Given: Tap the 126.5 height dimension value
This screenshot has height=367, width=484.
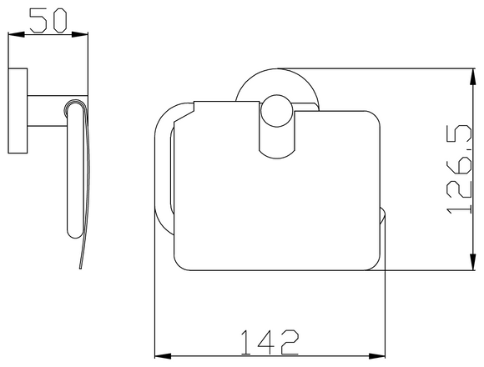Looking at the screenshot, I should coord(454,170).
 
